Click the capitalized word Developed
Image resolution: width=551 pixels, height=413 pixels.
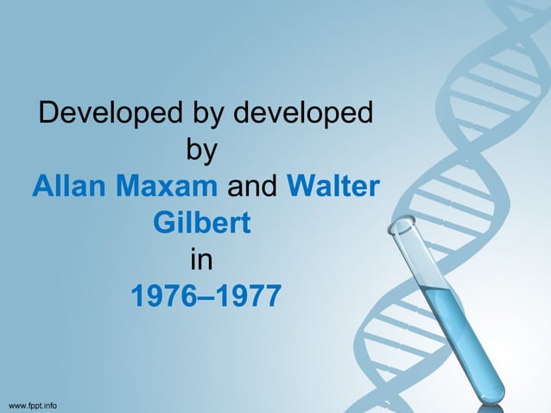(x=99, y=112)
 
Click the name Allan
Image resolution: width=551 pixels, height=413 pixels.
(x=68, y=186)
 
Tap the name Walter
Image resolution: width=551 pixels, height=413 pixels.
(x=332, y=186)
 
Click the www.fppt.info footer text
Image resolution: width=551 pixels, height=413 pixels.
(x=33, y=404)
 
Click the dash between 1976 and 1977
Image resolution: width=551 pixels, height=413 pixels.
(x=205, y=298)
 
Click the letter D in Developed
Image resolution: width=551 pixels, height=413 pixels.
(x=52, y=112)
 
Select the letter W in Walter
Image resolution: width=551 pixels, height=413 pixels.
(x=299, y=186)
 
